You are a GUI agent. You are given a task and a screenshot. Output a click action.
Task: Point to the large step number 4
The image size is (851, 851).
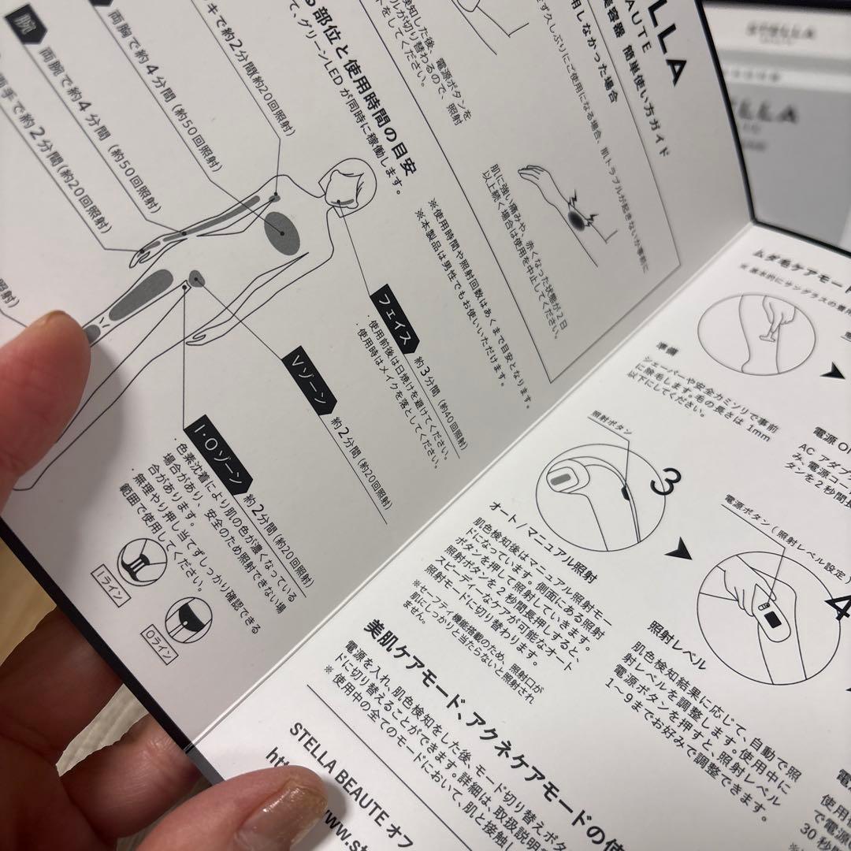coord(837,606)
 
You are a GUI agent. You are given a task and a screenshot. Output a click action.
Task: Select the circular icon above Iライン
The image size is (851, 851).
coord(141,561)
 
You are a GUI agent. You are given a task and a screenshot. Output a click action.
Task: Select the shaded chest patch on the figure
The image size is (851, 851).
coord(283,233)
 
